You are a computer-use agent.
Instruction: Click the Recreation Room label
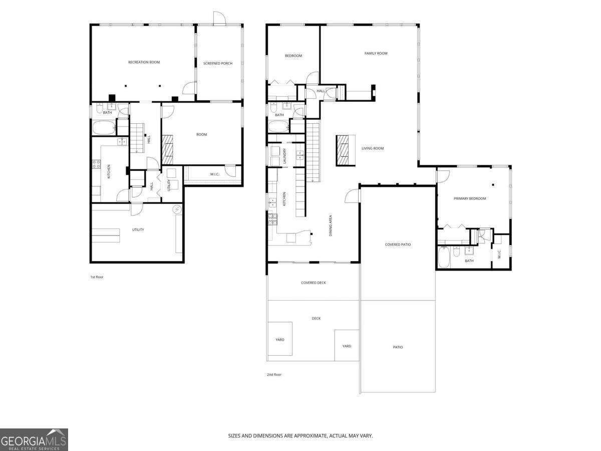144,62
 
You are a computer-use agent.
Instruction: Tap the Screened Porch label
218,64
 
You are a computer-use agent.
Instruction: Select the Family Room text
376,53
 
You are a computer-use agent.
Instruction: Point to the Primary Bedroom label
470,198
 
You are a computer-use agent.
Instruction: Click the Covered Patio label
398,245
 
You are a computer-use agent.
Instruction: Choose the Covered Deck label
314,283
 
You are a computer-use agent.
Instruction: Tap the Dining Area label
331,225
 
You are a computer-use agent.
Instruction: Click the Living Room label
373,148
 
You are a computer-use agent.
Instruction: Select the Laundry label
284,156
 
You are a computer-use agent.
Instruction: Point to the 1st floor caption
97,277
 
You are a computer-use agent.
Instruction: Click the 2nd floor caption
274,374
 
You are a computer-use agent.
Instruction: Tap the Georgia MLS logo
34,439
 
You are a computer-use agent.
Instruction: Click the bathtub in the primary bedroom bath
443,256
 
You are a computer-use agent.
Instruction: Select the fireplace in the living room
344,150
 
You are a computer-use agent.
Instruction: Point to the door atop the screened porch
219,18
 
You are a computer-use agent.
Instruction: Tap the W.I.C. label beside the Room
215,174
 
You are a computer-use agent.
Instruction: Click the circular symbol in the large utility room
177,209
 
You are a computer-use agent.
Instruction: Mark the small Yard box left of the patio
347,346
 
